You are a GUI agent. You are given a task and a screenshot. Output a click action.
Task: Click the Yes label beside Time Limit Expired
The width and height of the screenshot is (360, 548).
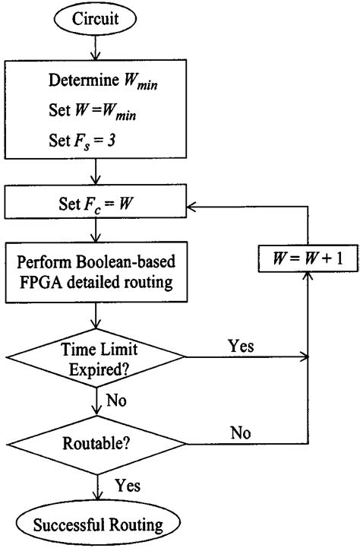[x=240, y=345]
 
